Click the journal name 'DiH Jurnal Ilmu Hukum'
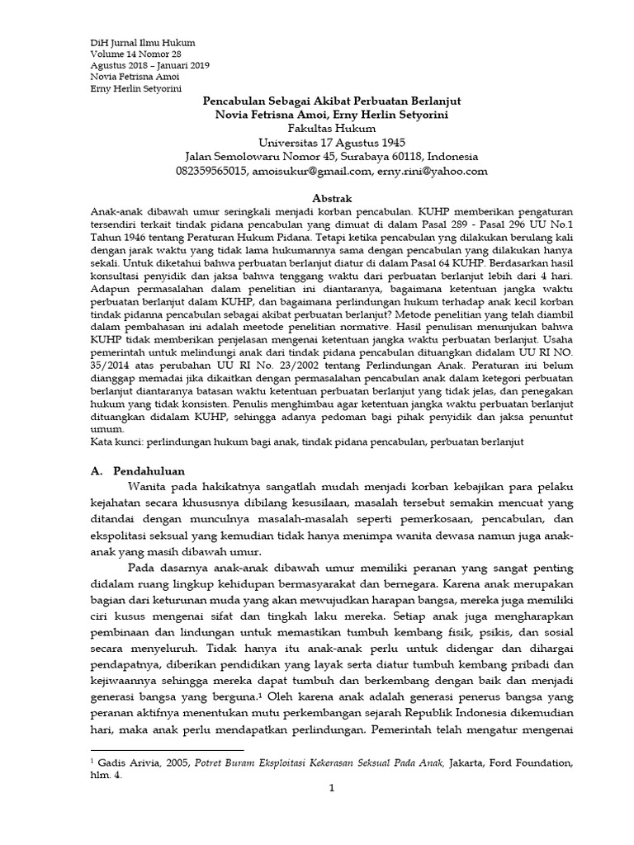[x=142, y=42]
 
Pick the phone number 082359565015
[x=211, y=172]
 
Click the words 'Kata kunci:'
[x=115, y=442]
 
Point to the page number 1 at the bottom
[x=331, y=790]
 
